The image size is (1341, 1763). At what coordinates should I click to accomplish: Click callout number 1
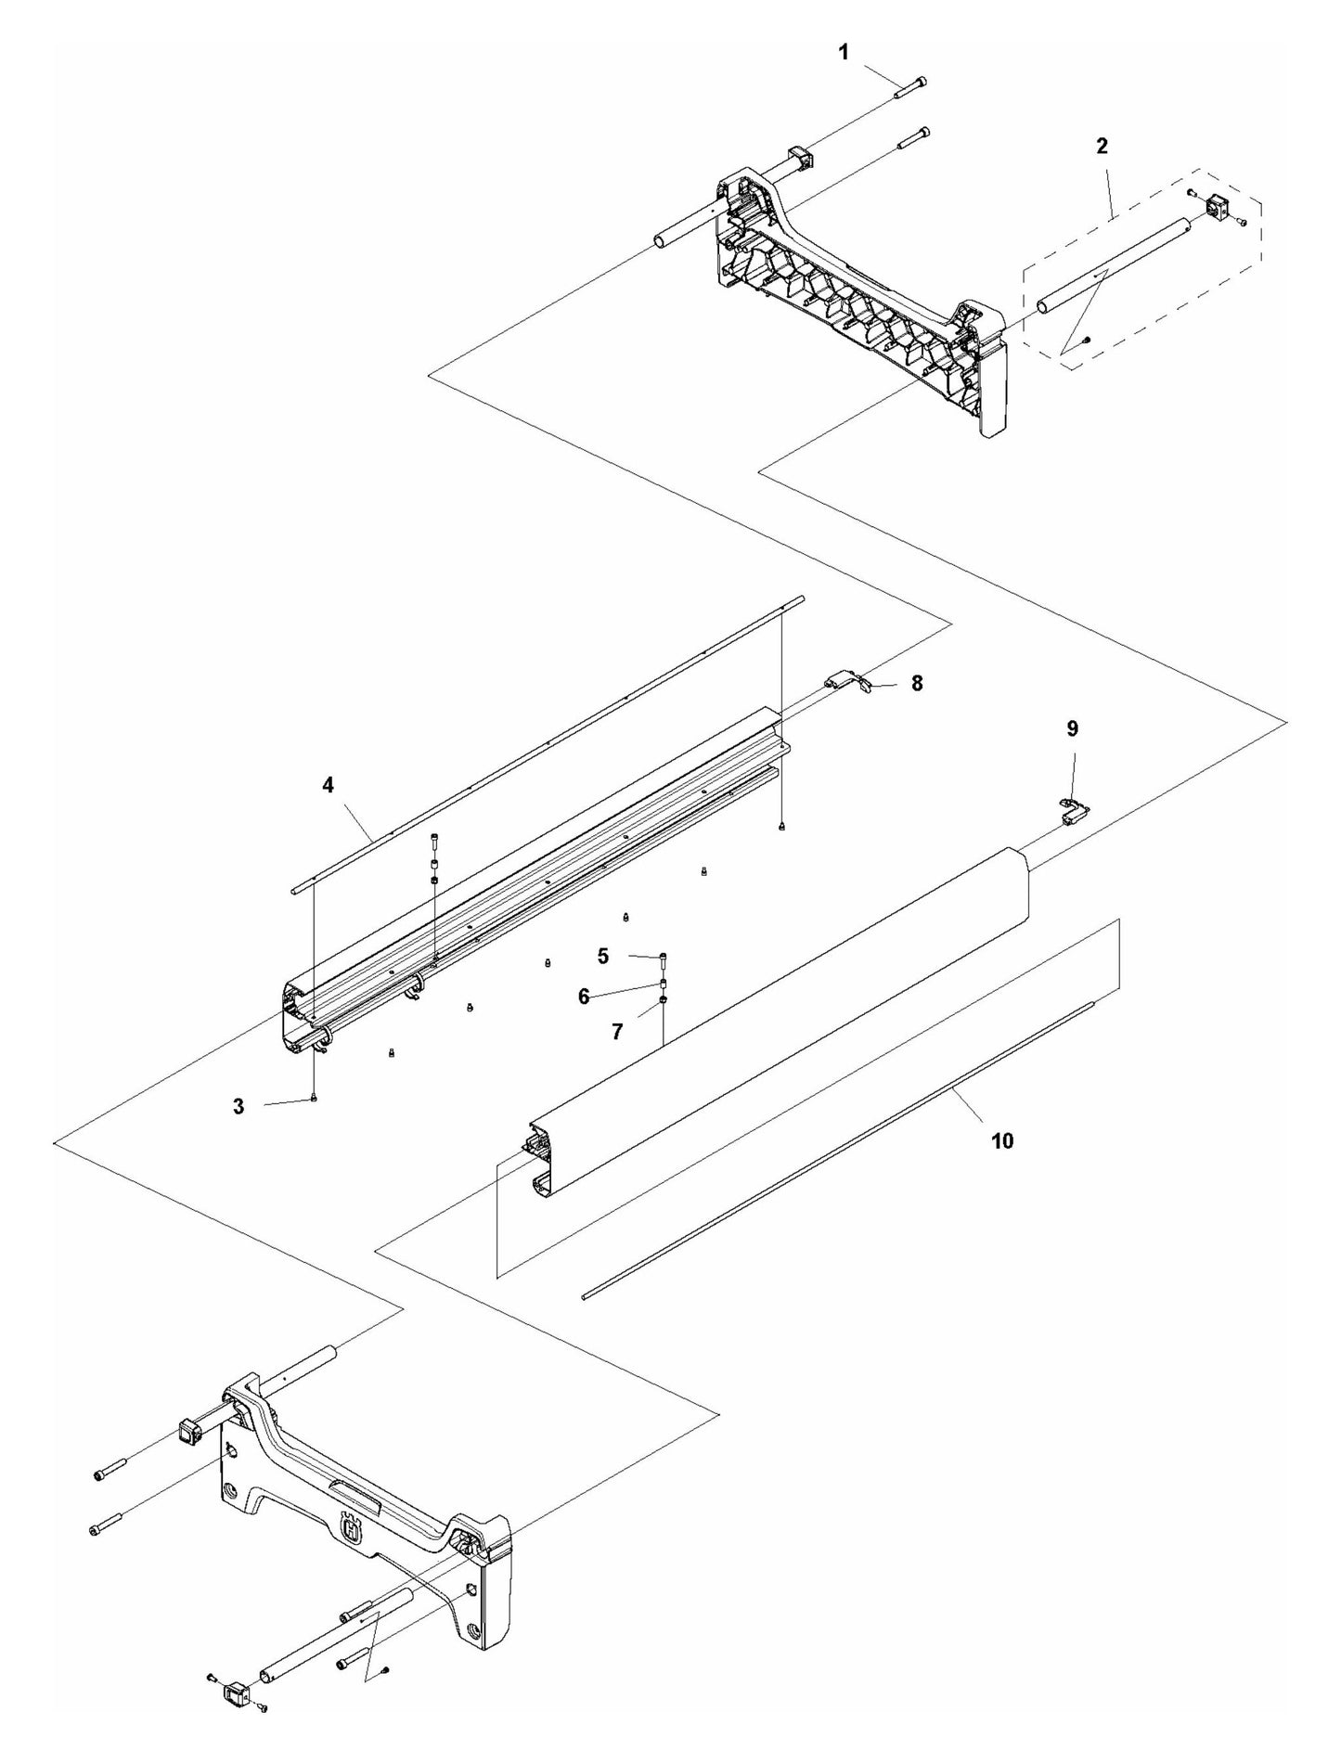[843, 53]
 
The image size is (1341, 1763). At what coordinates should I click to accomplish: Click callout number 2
[1102, 146]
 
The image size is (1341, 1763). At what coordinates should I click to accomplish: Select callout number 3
[239, 1106]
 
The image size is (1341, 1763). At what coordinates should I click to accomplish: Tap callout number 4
[328, 785]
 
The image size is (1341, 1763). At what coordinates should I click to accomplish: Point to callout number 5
[603, 954]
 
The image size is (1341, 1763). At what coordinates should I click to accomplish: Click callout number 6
[584, 997]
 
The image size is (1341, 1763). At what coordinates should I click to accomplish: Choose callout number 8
[917, 683]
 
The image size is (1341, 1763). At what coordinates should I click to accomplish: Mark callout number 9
[1072, 729]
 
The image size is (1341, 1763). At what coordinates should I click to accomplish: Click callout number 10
[1002, 1140]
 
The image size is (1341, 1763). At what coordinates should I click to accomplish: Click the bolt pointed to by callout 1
[910, 87]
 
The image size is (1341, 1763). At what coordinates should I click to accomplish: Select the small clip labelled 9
[1076, 810]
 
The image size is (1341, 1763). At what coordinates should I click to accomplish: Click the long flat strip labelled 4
[548, 742]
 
